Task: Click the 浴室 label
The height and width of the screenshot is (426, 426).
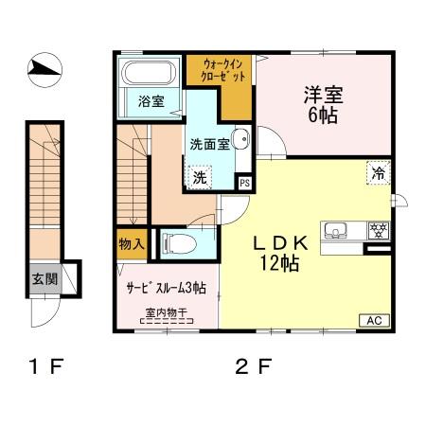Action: [150, 101]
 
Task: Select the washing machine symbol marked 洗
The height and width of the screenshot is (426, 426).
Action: [200, 177]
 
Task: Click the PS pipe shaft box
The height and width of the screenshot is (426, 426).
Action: [244, 183]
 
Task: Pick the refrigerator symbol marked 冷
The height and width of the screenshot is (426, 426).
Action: [377, 173]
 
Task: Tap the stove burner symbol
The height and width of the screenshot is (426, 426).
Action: [377, 230]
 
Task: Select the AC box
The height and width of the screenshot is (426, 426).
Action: [373, 320]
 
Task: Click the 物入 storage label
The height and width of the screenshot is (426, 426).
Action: [131, 244]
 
